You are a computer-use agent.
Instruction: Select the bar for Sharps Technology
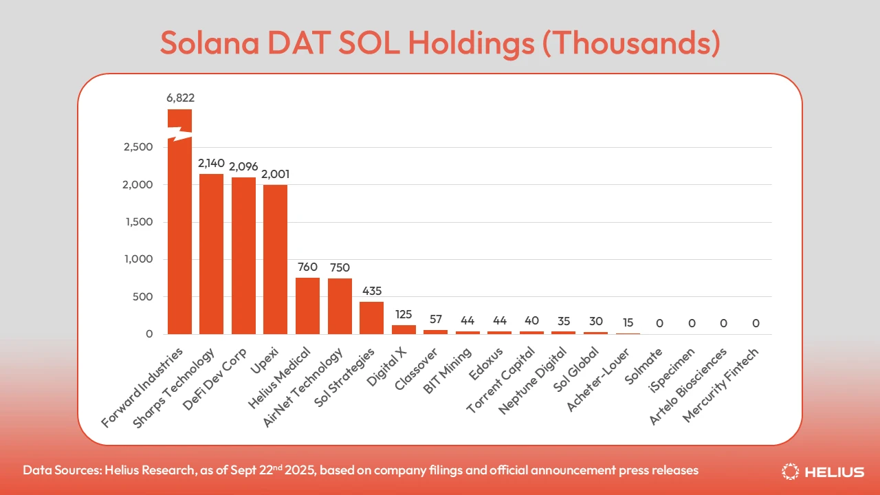point(212,254)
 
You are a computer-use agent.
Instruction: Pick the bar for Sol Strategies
point(371,318)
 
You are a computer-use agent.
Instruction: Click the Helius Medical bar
point(307,306)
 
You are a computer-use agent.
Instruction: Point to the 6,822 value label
point(180,98)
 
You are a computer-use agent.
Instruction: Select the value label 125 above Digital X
point(404,314)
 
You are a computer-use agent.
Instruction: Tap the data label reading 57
point(435,319)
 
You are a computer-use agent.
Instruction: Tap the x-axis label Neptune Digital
point(533,382)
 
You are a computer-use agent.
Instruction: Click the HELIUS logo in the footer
point(823,472)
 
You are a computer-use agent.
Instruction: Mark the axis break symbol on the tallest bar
point(180,134)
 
